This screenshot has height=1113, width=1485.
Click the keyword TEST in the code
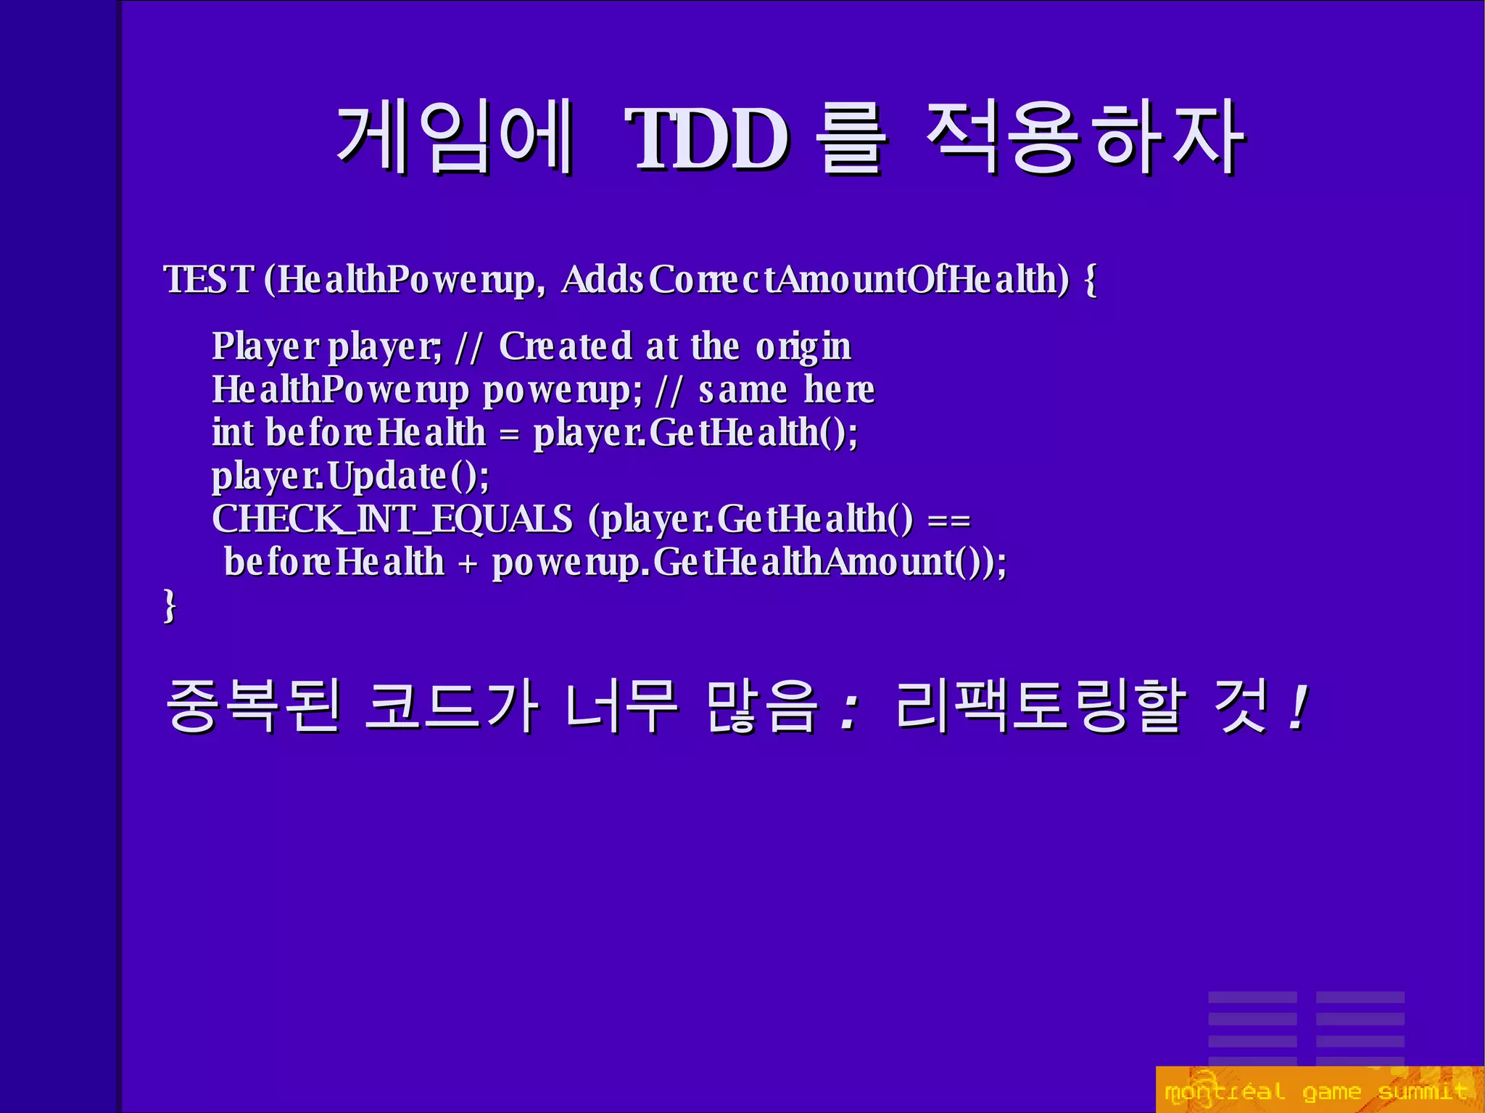click(x=210, y=279)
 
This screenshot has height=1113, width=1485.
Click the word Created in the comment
click(x=566, y=346)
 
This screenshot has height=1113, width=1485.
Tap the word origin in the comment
click(x=803, y=347)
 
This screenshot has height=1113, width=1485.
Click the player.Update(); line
click(x=351, y=476)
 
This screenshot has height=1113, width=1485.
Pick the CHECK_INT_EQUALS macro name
click(x=392, y=519)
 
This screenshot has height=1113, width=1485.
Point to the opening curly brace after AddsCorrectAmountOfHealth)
click(x=1090, y=280)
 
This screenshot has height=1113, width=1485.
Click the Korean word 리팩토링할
click(x=1041, y=705)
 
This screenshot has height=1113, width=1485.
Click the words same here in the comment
click(x=787, y=390)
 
